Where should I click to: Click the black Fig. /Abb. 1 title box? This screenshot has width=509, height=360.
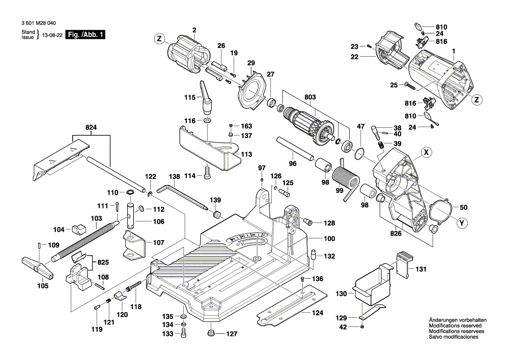pyautogui.click(x=85, y=35)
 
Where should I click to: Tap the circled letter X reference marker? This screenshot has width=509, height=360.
pyautogui.click(x=427, y=152)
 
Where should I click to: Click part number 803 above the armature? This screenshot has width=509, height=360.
pyautogui.click(x=310, y=97)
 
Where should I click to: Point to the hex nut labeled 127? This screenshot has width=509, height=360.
pyautogui.click(x=211, y=334)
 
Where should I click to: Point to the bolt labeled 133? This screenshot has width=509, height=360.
pyautogui.click(x=184, y=334)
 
